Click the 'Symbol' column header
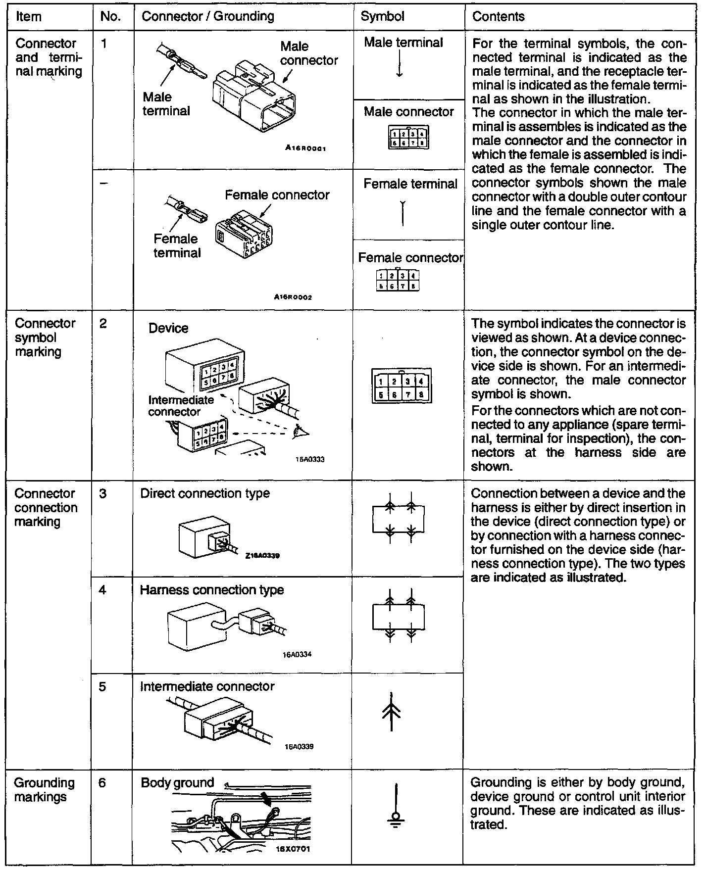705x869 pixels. click(382, 16)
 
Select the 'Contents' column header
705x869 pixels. click(498, 16)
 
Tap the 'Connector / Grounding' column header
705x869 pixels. click(207, 16)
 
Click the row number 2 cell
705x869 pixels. click(103, 324)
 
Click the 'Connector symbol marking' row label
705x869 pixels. click(45, 338)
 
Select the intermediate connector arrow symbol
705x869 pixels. click(391, 711)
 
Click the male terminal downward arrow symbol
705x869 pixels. click(400, 66)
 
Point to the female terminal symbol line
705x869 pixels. click(403, 213)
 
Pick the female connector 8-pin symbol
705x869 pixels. click(398, 281)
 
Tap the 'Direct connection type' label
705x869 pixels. click(205, 493)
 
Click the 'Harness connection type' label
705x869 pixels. click(212, 590)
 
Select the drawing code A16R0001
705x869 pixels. click(305, 148)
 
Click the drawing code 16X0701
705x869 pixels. click(293, 849)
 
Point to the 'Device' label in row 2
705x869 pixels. click(168, 328)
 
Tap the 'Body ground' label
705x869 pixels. click(177, 783)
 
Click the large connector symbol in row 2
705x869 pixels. click(402, 386)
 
